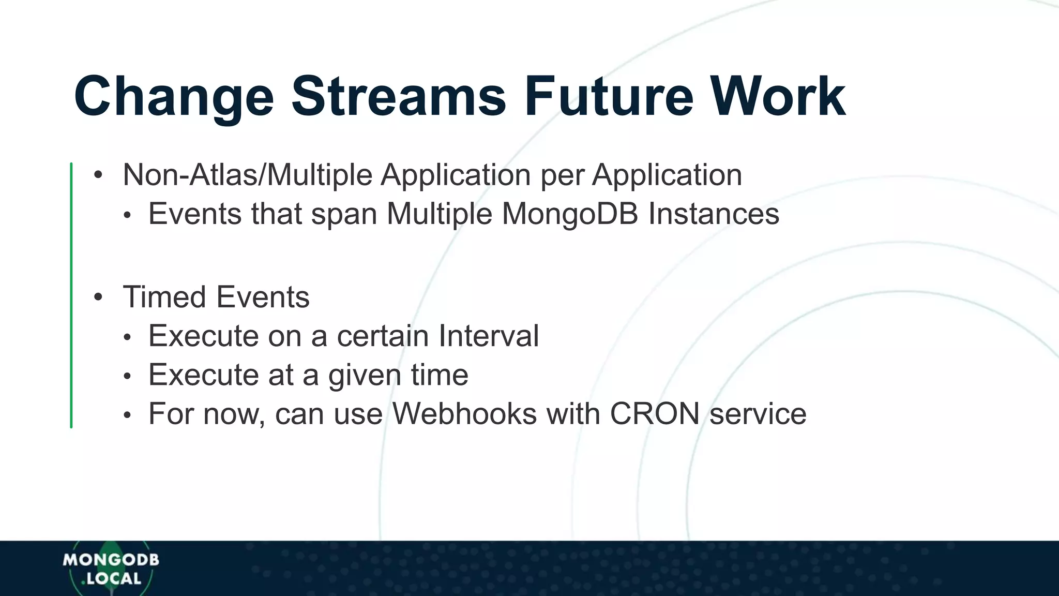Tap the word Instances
click(714, 214)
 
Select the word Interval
click(489, 336)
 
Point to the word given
click(365, 376)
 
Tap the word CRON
click(655, 414)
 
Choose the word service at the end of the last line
click(758, 414)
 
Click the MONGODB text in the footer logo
click(111, 560)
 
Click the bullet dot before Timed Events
click(98, 297)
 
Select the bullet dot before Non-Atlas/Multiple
click(98, 175)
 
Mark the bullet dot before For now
click(127, 415)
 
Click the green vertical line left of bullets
click(71, 295)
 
